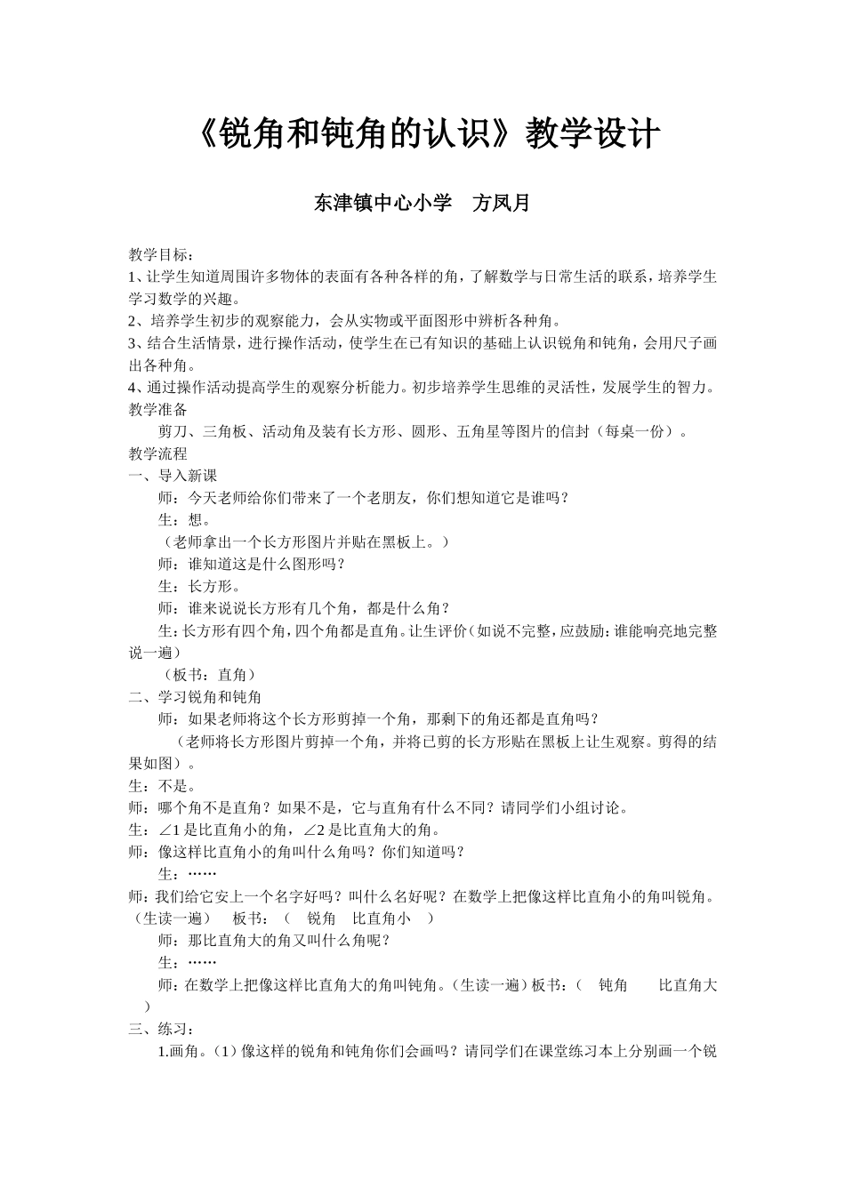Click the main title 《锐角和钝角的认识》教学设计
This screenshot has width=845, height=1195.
(425, 135)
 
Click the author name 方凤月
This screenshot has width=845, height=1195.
(500, 204)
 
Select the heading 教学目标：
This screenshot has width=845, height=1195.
(160, 255)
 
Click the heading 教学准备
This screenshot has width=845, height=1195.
(157, 410)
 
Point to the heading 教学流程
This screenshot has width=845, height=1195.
(157, 454)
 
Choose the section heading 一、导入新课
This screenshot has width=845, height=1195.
(173, 477)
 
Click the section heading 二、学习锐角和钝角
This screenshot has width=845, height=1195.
(195, 697)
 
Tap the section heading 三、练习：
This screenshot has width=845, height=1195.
(161, 1030)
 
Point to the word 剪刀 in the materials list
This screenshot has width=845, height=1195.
(173, 432)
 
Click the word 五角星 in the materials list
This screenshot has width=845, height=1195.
(479, 432)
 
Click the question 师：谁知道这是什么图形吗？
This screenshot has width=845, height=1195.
(251, 565)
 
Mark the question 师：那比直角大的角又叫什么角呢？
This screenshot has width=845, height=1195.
(274, 941)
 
